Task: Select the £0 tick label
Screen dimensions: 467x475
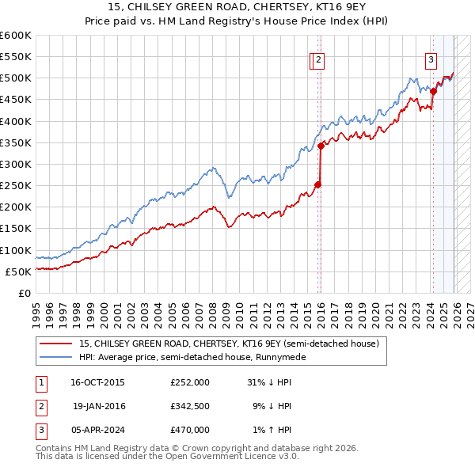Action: [x=24, y=293]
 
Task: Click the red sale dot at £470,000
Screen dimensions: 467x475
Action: [x=433, y=92]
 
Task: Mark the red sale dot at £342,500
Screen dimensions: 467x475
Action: [x=321, y=146]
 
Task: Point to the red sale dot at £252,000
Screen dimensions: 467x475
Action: [x=317, y=184]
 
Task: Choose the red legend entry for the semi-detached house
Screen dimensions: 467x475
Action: [x=230, y=344]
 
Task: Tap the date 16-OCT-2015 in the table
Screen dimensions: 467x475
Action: [x=97, y=382]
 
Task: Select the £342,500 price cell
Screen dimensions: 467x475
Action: [x=189, y=405]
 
